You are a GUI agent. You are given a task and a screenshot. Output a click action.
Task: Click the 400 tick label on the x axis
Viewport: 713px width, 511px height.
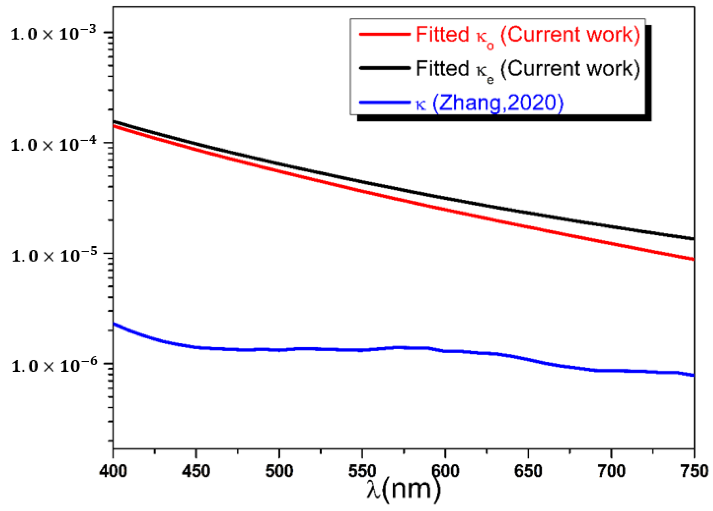pos(113,472)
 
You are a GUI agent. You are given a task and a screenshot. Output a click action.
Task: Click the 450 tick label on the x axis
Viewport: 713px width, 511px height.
pos(196,472)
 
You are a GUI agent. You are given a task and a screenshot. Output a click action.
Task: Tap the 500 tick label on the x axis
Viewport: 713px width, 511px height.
pos(279,472)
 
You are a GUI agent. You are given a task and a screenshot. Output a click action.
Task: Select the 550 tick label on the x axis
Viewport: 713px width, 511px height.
pos(362,472)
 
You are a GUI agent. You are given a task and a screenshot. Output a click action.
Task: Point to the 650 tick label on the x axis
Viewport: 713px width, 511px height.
pos(528,472)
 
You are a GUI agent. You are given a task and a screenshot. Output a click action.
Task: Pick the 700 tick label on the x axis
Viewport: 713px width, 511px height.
pos(611,472)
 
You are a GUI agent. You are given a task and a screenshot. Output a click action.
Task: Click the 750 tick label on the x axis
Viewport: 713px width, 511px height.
pos(693,472)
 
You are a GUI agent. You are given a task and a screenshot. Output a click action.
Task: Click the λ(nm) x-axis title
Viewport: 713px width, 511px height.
pos(403,490)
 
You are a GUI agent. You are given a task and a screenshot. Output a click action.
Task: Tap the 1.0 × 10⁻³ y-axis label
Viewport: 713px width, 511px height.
pos(53,34)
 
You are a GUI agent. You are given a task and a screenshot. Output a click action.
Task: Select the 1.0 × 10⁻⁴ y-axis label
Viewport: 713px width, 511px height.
pos(53,145)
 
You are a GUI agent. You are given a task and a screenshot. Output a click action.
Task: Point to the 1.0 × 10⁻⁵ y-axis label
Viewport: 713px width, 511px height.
pos(53,255)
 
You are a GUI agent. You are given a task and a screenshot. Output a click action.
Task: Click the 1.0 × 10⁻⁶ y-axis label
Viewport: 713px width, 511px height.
pos(53,366)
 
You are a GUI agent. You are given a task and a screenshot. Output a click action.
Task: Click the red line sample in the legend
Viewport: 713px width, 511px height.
pos(385,34)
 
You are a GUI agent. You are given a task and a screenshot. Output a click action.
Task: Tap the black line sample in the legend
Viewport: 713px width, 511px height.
pos(385,68)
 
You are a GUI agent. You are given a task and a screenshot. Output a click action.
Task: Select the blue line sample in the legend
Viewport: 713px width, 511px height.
pos(385,103)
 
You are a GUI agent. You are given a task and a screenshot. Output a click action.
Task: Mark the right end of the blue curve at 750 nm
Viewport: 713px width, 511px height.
pos(693,375)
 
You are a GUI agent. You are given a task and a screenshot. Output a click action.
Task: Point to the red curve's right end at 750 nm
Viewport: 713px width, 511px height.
pos(693,259)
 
